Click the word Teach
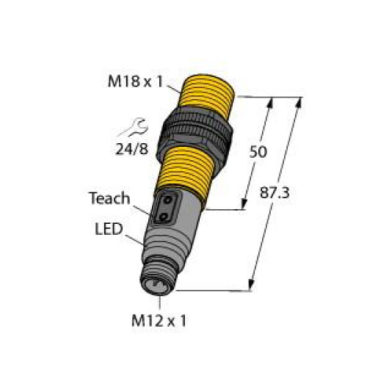109,197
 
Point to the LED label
108,229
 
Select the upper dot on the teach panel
168,200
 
